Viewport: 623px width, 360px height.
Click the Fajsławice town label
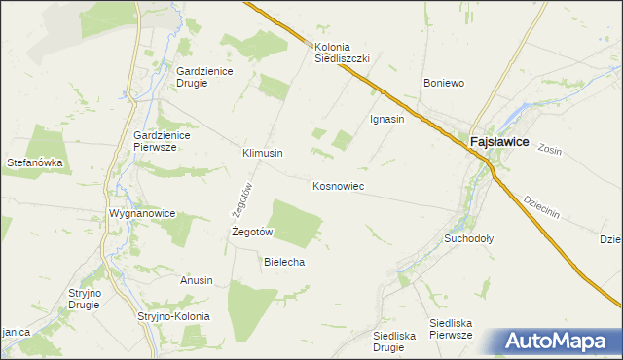[x=499, y=141]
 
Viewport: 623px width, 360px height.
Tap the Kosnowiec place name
[x=338, y=185]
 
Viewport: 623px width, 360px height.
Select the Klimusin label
[x=262, y=154]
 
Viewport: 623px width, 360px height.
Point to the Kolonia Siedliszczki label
[x=342, y=52]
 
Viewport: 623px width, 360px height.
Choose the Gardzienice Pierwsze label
[x=168, y=140]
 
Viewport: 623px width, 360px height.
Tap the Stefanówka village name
[x=36, y=163]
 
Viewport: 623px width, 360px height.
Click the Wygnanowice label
[x=142, y=212]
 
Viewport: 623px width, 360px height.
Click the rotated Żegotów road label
[x=248, y=200]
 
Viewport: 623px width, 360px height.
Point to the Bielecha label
[x=285, y=262]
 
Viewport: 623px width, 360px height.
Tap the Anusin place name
[x=196, y=280]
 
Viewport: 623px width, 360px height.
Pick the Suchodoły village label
[x=469, y=237]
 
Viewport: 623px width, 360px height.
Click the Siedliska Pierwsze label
[x=452, y=328]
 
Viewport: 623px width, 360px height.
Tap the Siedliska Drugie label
[x=394, y=341]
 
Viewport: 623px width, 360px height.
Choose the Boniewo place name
[x=444, y=83]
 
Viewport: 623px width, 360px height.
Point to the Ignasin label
[x=387, y=119]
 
